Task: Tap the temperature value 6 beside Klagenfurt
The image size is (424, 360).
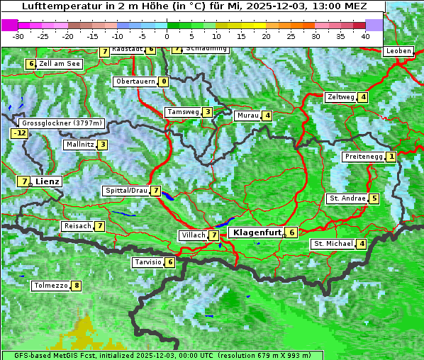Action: (291, 232)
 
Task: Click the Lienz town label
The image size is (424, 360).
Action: (48, 181)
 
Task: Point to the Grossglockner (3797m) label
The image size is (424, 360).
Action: (62, 123)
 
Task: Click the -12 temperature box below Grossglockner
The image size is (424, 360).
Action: (19, 133)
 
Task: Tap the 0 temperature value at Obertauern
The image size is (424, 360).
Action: (164, 81)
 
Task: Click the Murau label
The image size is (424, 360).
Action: (247, 116)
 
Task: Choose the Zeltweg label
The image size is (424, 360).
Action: (340, 97)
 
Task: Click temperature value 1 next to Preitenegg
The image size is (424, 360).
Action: (391, 157)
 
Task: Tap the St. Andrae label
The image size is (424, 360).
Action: (347, 198)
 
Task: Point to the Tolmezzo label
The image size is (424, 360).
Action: (50, 286)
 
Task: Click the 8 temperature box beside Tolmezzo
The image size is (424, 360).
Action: (76, 286)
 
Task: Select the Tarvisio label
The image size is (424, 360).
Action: (147, 262)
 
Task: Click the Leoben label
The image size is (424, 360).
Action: (398, 51)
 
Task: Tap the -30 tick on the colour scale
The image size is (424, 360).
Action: (19, 35)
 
